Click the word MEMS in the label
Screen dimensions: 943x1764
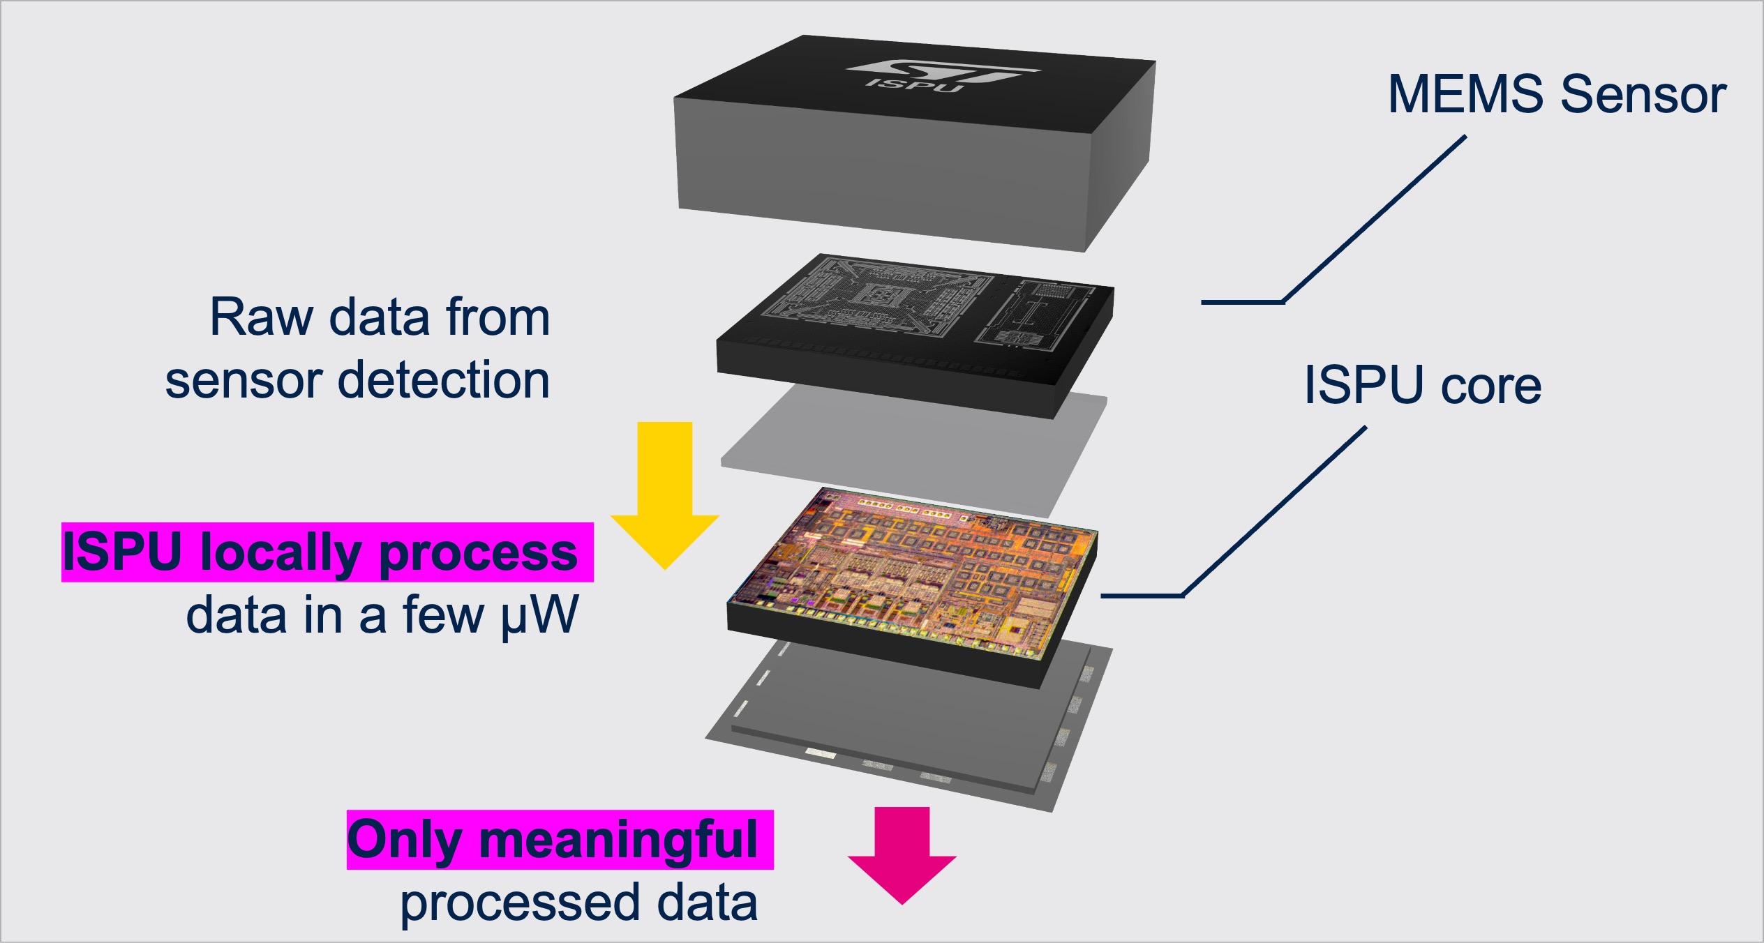[x=1465, y=94]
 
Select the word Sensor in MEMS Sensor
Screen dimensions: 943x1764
[x=1643, y=94]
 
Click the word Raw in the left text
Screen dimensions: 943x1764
[x=262, y=318]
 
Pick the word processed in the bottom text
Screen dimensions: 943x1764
[x=519, y=904]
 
